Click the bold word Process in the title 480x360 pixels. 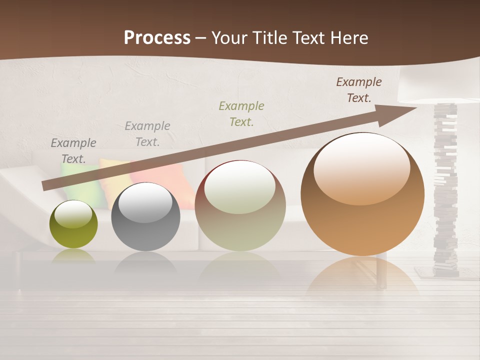coord(157,38)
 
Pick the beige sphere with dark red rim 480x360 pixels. coord(240,205)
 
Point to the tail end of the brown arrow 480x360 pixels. coord(46,185)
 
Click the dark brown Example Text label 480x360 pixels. coord(359,90)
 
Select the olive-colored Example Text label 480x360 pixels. coord(241,113)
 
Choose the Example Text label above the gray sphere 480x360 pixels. coord(147,134)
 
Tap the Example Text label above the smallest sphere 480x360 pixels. coord(73,151)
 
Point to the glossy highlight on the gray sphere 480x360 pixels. coord(145,202)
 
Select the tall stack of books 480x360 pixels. coord(445,190)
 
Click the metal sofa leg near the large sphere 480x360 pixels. coord(382,272)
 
